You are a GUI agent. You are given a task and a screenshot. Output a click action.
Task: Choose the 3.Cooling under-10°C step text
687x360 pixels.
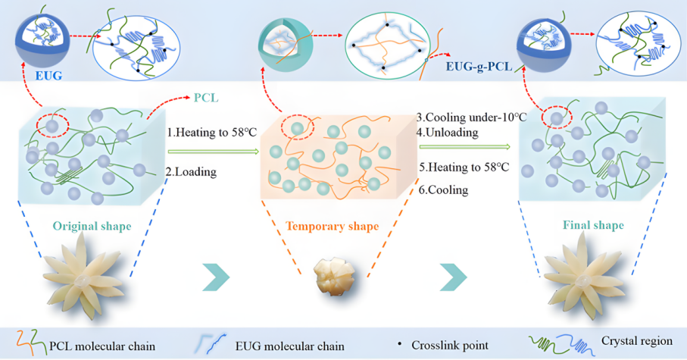point(464,118)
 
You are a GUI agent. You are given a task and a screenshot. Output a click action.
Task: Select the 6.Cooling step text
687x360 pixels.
point(443,190)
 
